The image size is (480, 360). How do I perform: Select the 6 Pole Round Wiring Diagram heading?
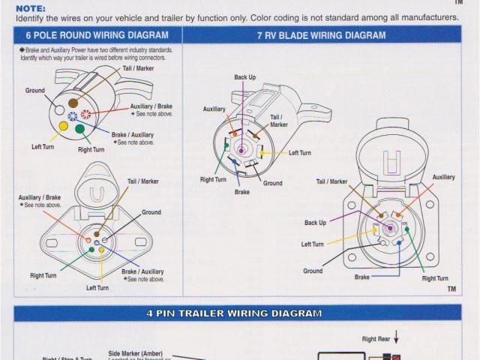(97, 35)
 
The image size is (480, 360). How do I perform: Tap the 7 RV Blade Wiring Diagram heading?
(321, 35)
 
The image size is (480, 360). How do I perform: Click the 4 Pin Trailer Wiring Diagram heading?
(234, 313)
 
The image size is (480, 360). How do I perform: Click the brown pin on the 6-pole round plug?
(73, 103)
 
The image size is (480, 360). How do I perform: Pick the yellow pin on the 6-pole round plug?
(64, 125)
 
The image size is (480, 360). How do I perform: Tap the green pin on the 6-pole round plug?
(79, 129)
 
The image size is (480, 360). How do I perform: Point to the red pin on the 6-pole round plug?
(86, 115)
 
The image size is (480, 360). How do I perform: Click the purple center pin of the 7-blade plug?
(241, 149)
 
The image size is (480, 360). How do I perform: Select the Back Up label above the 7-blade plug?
(244, 77)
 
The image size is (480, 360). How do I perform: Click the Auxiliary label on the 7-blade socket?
(443, 177)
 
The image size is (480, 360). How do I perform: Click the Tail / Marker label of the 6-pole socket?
(143, 181)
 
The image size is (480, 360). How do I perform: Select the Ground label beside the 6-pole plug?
(35, 91)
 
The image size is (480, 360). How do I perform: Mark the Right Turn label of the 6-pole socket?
(43, 275)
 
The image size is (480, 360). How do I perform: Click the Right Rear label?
(378, 340)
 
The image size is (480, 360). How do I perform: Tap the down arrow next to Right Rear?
(396, 340)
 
